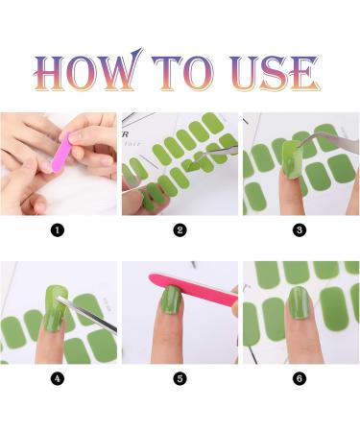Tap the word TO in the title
(x=183, y=73)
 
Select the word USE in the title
(x=275, y=73)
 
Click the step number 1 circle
(x=58, y=230)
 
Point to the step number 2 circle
(x=180, y=230)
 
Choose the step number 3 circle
(x=300, y=230)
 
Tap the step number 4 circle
(x=58, y=378)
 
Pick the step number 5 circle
(x=180, y=378)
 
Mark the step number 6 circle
(x=300, y=378)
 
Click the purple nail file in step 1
(x=60, y=153)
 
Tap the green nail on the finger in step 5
(x=171, y=300)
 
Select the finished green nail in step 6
(x=300, y=302)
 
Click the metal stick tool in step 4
(x=87, y=315)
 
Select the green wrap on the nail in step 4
(x=55, y=307)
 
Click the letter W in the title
(x=121, y=70)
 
